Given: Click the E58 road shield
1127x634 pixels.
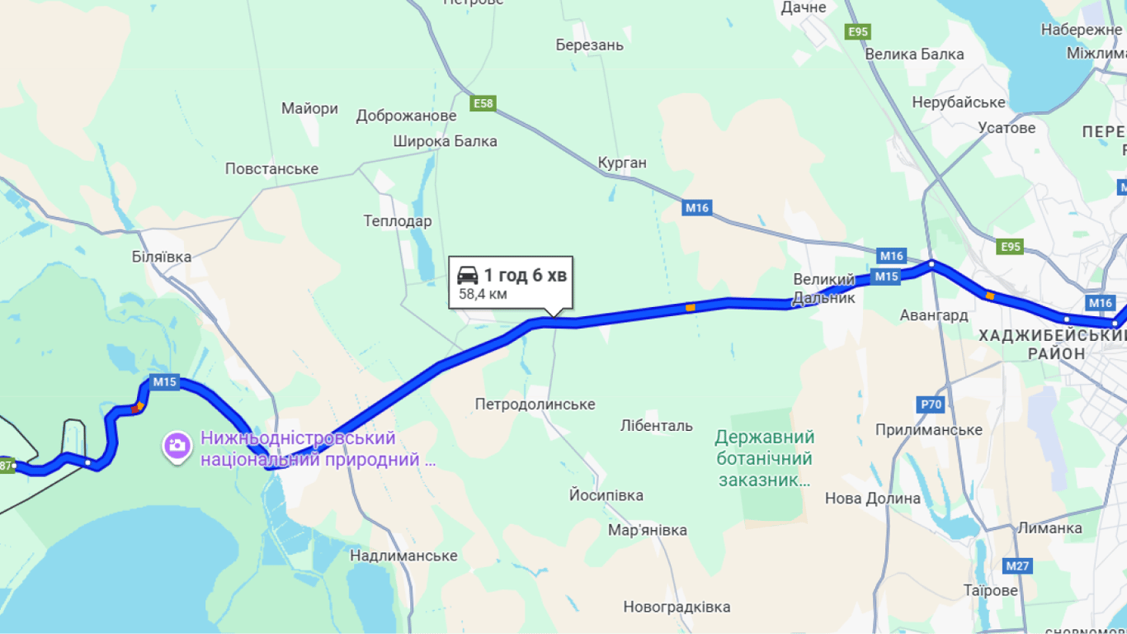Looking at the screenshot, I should (483, 103).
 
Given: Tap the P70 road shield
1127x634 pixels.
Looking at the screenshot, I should (930, 405).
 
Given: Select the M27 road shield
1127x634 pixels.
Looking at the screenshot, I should (1018, 566).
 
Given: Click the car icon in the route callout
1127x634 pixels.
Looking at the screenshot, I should (468, 276).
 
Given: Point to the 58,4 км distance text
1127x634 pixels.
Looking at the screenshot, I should (483, 294).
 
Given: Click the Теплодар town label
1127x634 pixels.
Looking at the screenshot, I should (398, 221).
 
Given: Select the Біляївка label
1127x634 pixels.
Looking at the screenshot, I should (162, 257).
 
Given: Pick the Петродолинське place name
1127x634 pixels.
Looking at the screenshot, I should (535, 405).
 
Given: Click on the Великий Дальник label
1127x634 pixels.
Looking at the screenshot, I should (824, 289).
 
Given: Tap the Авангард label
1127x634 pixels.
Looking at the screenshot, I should (934, 315).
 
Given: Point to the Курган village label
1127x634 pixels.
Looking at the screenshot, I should (622, 163).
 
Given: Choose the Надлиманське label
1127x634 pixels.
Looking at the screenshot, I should (403, 556).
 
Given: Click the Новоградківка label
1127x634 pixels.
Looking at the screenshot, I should (677, 608).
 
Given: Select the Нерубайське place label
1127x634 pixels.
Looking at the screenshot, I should (959, 102).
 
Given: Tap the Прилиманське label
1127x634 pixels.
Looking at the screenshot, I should (929, 430).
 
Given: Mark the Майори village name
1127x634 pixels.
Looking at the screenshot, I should (309, 108).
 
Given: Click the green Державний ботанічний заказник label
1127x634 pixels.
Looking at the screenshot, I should (764, 458).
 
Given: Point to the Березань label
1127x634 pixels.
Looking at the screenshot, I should (590, 45).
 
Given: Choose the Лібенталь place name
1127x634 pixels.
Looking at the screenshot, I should (657, 426).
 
